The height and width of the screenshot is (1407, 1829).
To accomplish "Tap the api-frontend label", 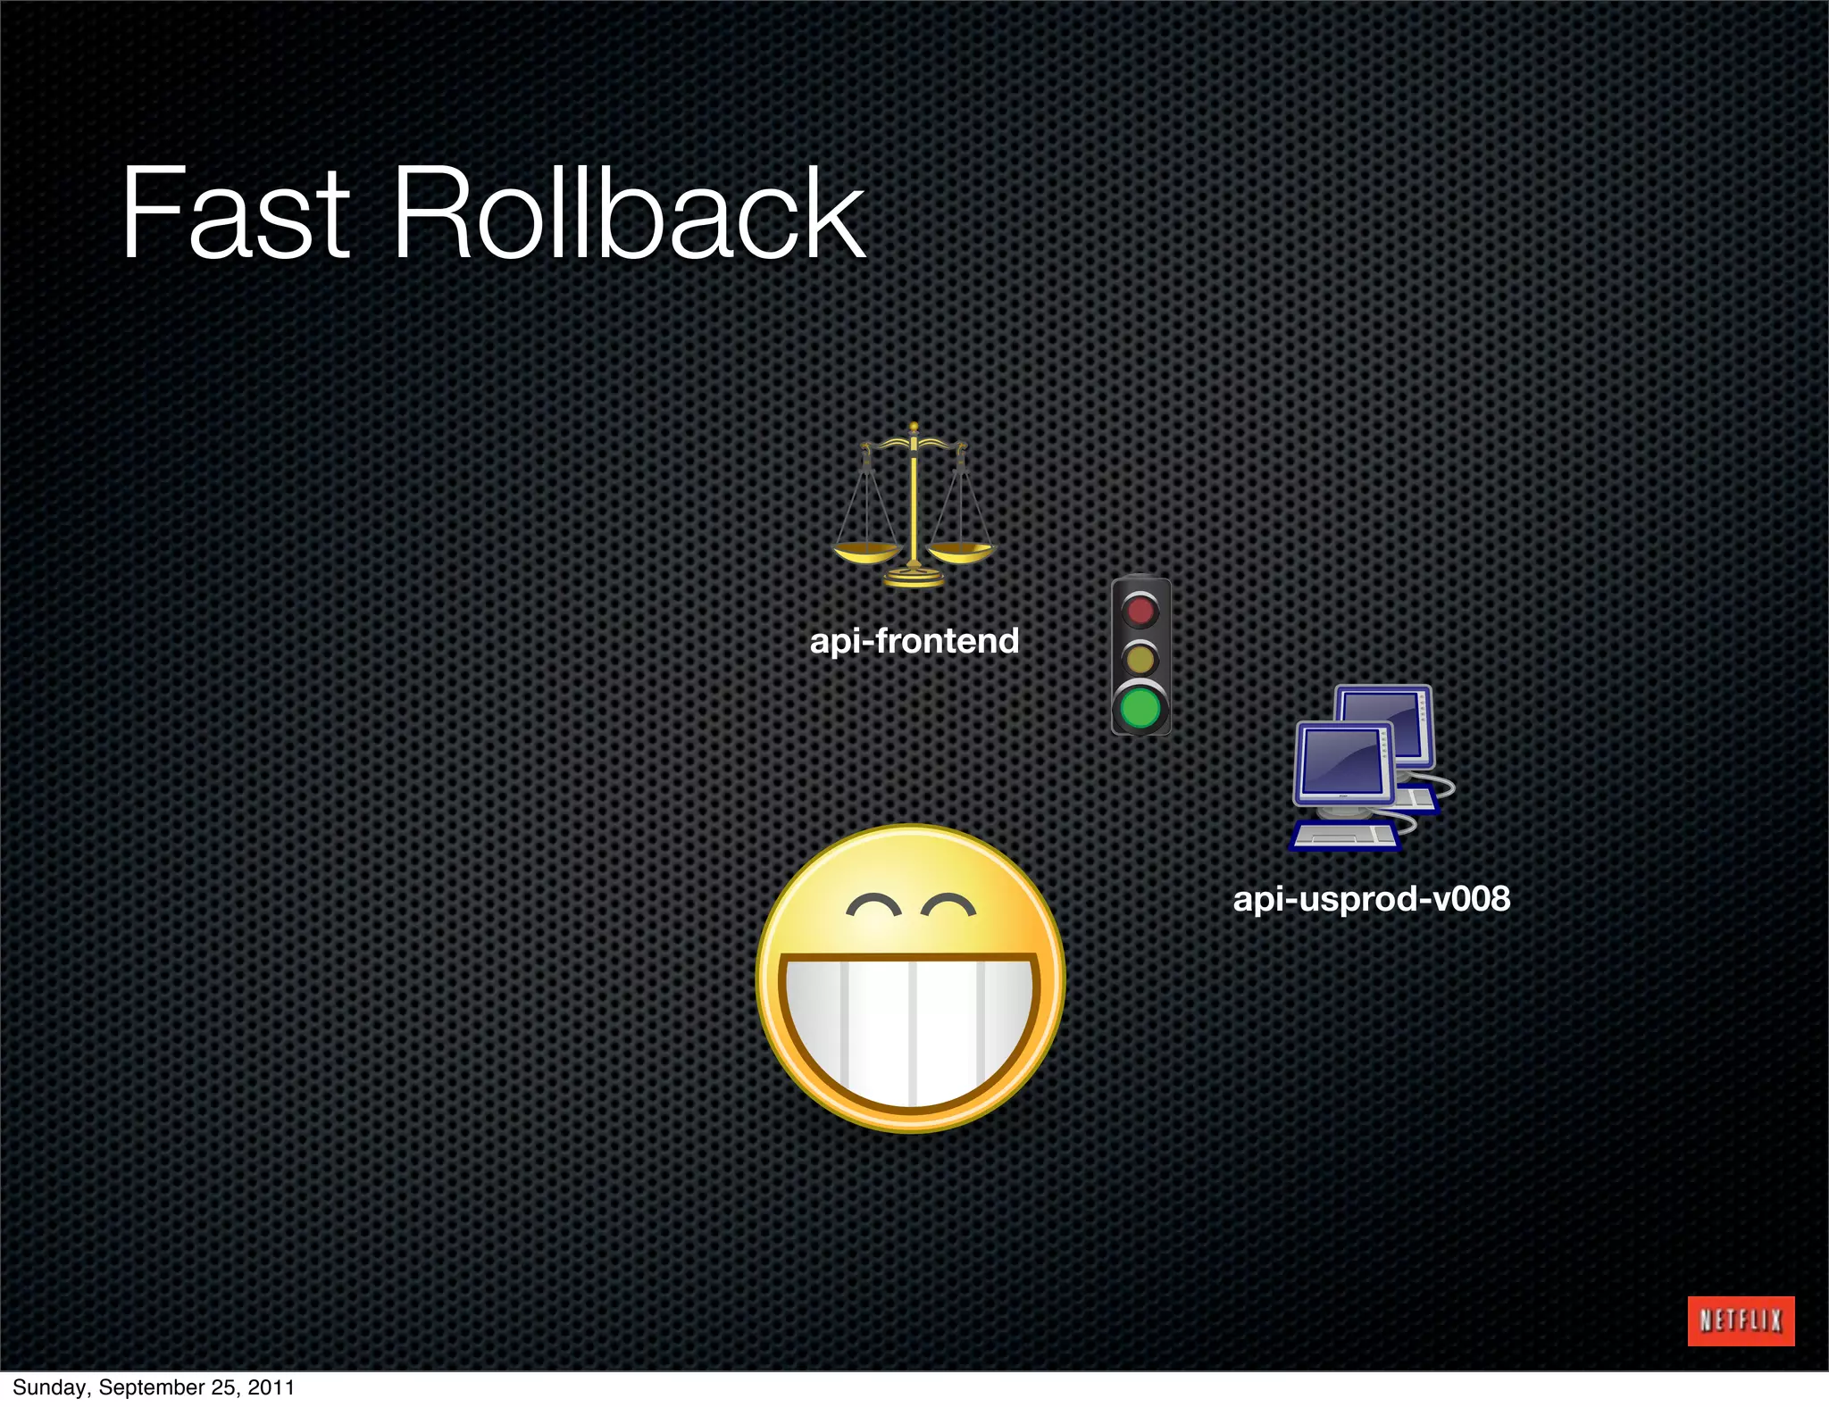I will point(914,641).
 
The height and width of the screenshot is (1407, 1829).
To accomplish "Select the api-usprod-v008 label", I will point(1371,898).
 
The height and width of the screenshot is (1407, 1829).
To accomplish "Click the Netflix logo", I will point(1740,1320).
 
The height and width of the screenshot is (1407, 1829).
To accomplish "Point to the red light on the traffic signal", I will point(1140,612).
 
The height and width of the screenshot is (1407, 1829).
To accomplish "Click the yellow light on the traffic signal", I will point(1140,660).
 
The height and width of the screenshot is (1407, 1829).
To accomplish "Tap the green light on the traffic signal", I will point(1140,709).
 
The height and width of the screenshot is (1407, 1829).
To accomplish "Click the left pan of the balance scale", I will point(866,554).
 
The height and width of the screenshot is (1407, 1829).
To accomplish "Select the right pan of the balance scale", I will point(961,552).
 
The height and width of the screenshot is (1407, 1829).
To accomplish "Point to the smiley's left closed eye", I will point(873,906).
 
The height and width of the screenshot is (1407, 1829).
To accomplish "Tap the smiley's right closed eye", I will point(948,906).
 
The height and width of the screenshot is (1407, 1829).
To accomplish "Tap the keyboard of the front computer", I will point(1344,836).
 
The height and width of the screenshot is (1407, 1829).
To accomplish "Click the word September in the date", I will point(151,1387).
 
